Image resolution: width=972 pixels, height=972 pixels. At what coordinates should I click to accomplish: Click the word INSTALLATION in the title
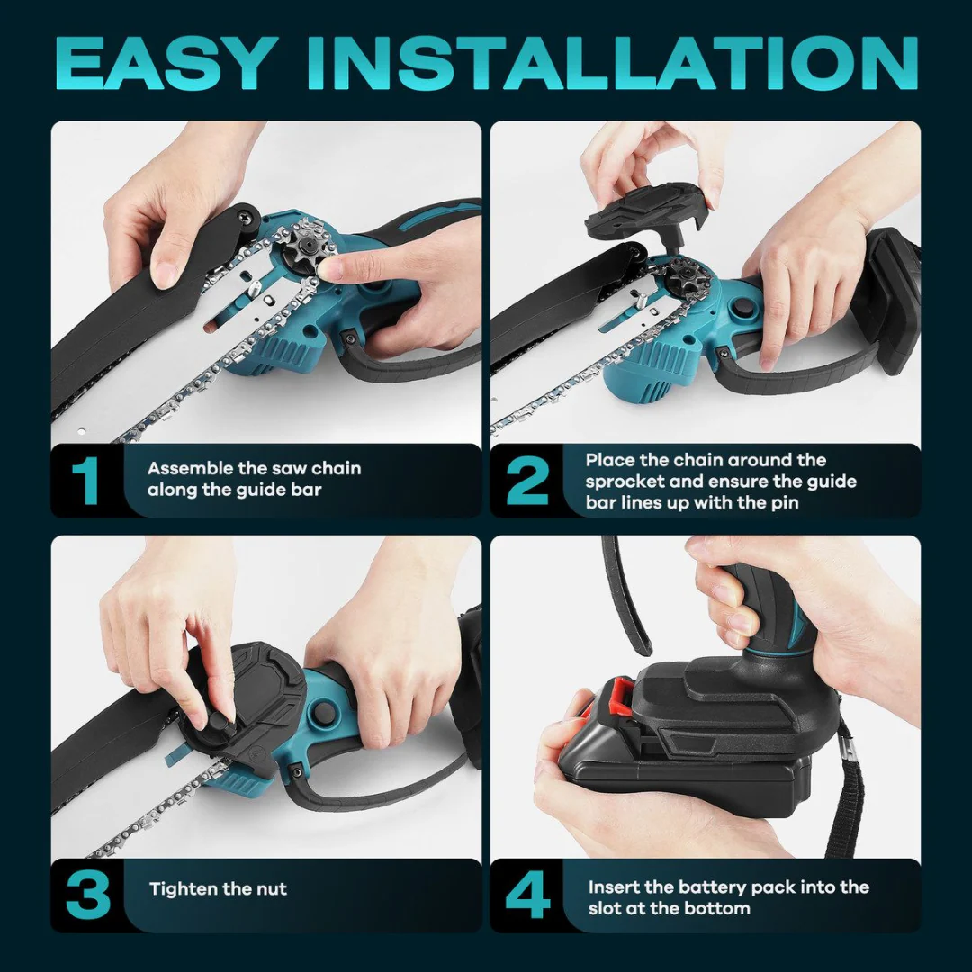tap(612, 64)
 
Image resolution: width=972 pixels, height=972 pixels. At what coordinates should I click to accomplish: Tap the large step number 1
tap(85, 481)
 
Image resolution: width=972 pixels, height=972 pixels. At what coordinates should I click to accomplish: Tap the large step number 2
tap(527, 481)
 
